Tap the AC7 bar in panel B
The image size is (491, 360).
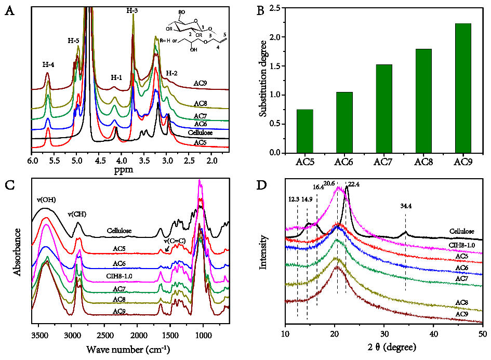pyautogui.click(x=384, y=109)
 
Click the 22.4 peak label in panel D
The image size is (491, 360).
pyautogui.click(x=354, y=183)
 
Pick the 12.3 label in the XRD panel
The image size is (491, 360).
pyautogui.click(x=295, y=199)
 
